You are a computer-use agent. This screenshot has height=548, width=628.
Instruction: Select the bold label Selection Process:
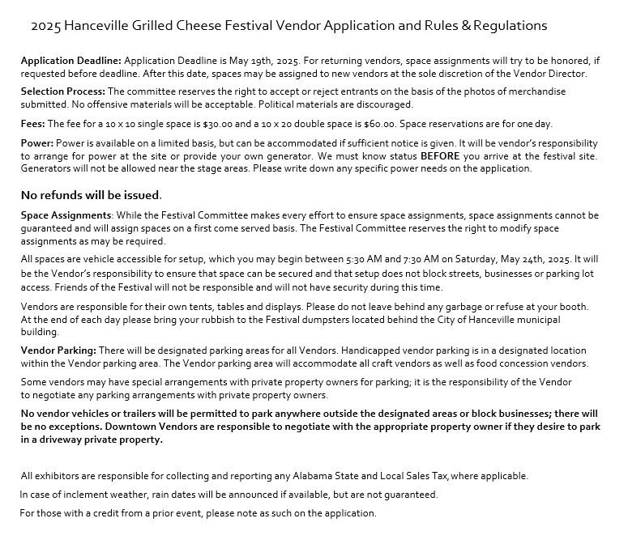(x=62, y=91)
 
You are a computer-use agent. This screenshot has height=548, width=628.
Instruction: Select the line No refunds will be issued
(x=91, y=195)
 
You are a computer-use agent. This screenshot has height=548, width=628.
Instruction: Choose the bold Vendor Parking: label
(x=58, y=350)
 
